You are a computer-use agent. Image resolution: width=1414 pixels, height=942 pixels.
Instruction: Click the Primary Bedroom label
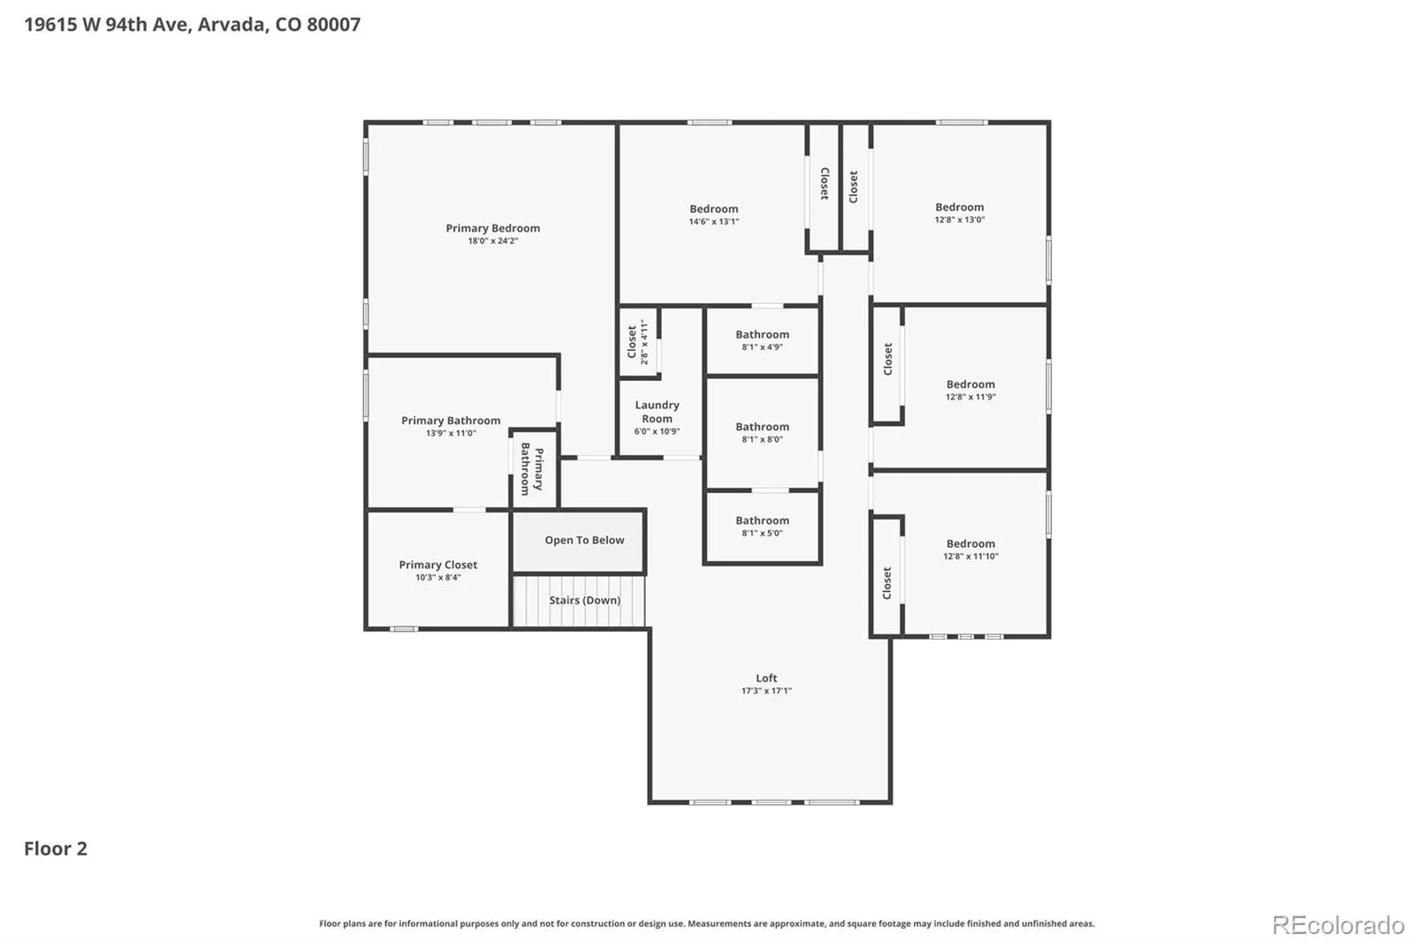coord(492,228)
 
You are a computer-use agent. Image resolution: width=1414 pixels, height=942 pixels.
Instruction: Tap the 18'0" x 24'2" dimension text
coord(492,240)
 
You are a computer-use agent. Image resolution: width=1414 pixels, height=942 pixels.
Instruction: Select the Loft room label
coord(766,678)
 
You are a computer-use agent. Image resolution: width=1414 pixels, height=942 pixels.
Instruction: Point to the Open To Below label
coord(584,540)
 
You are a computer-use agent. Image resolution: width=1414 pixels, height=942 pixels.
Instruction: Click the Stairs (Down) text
coord(584,600)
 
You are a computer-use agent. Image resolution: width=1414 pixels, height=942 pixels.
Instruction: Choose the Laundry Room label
coord(658,412)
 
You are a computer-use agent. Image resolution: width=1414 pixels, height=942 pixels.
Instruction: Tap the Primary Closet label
coord(437,565)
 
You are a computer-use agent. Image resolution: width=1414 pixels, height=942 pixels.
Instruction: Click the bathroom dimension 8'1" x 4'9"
coord(762,346)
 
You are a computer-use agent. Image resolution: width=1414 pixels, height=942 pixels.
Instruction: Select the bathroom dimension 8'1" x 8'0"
coord(762,439)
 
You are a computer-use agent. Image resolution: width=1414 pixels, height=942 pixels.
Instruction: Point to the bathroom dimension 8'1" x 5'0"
coord(762,533)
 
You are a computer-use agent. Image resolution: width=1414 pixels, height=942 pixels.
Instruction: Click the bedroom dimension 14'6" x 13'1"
coord(713,221)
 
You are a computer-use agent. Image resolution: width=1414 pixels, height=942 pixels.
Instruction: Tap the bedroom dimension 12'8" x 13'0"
coord(960,219)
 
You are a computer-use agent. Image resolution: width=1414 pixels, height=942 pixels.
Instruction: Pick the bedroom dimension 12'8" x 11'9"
coord(970,397)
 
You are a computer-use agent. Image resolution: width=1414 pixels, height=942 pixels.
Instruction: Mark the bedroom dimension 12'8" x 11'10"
coord(970,556)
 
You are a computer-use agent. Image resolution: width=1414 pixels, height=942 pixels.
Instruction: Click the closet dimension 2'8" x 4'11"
coord(644,342)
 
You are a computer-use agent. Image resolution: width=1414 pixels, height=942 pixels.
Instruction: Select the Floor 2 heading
coord(56,848)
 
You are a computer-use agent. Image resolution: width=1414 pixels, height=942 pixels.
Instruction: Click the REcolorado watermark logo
coord(1338,925)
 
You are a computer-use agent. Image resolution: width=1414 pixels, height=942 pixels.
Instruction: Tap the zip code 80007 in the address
coord(333,24)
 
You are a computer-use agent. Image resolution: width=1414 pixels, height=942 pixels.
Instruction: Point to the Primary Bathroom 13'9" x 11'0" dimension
coord(451,432)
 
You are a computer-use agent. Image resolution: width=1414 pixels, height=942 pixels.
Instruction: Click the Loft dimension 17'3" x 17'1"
coord(766,690)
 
